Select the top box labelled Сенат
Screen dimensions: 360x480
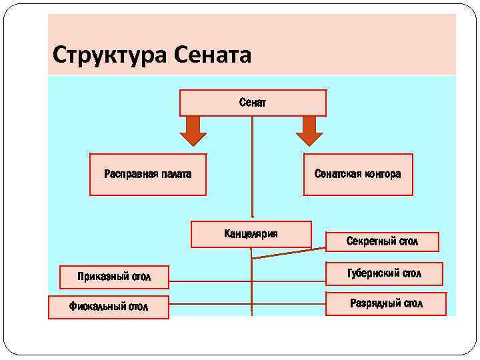(x=253, y=103)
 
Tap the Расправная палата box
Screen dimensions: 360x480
(x=147, y=175)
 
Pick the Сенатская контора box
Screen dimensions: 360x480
(x=358, y=175)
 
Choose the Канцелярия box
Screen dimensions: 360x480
(x=251, y=234)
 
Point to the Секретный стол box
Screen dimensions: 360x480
(x=382, y=241)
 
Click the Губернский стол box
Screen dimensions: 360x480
(x=385, y=273)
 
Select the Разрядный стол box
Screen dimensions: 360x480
(x=386, y=303)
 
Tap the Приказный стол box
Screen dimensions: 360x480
(x=114, y=277)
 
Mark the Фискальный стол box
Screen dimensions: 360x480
(x=109, y=307)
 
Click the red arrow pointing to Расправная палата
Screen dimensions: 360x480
(x=193, y=130)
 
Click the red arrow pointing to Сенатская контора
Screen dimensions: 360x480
(x=309, y=130)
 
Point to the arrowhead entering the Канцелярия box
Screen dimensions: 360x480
(x=252, y=216)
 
